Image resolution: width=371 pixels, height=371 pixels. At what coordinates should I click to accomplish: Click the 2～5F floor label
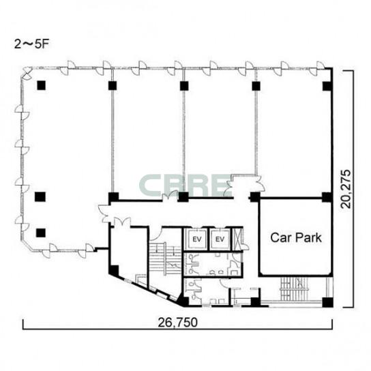31,44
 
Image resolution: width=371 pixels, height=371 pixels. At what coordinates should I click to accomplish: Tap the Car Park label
296,237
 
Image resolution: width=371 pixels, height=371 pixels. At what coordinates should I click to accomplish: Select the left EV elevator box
196,239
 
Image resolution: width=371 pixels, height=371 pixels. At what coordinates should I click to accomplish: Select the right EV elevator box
220,239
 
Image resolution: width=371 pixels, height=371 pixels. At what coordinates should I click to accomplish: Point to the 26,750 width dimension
177,323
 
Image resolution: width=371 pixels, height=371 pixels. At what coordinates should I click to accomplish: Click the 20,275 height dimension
346,189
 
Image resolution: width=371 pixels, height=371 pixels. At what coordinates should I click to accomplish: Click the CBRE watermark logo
185,185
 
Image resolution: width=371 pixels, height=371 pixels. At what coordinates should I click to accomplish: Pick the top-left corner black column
42,85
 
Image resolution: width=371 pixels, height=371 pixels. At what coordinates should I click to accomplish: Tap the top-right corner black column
327,87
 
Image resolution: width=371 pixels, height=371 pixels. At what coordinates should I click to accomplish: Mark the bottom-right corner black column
328,302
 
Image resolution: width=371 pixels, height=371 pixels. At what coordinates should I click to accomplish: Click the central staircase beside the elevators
165,258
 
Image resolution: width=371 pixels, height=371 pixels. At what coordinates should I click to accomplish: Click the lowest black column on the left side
41,233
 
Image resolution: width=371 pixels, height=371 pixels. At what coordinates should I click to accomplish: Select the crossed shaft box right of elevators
237,239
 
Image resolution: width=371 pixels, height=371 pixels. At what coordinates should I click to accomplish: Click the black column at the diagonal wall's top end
114,271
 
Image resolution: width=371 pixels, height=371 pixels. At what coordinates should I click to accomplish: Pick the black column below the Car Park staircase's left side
255,301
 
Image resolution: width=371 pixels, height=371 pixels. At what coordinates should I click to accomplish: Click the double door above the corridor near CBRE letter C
170,196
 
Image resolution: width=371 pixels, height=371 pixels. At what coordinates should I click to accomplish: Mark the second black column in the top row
113,86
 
